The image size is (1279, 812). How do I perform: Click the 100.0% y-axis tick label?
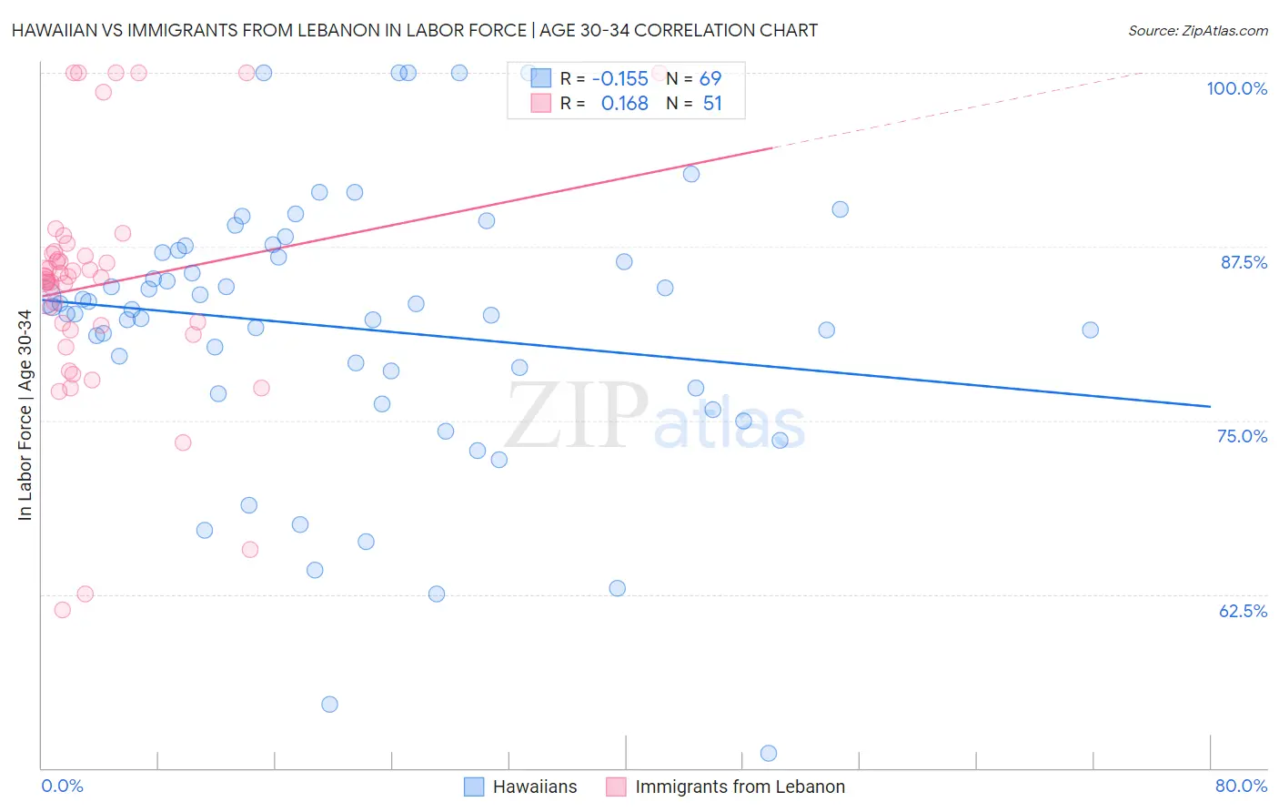pyautogui.click(x=1236, y=88)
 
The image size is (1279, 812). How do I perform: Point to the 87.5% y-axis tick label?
pyautogui.click(x=1244, y=262)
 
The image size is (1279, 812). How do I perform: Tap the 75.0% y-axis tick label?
pyautogui.click(x=1242, y=436)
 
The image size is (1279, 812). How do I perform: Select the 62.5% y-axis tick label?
pyautogui.click(x=1243, y=611)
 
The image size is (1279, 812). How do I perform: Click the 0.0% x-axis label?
pyautogui.click(x=62, y=786)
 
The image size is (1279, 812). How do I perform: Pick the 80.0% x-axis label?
pyautogui.click(x=1241, y=786)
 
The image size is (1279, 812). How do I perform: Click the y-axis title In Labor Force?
pyautogui.click(x=25, y=415)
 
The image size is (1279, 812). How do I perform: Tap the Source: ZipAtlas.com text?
pyautogui.click(x=1197, y=31)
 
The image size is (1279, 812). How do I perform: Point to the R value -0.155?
pyautogui.click(x=619, y=79)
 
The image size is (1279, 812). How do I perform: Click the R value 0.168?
pyautogui.click(x=624, y=104)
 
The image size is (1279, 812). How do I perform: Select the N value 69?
pyautogui.click(x=710, y=79)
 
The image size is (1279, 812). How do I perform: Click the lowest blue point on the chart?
pyautogui.click(x=769, y=753)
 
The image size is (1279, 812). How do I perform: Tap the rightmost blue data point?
pyautogui.click(x=1090, y=330)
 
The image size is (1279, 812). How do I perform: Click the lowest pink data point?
pyautogui.click(x=63, y=610)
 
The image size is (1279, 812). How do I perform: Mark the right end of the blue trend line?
pyautogui.click(x=1210, y=406)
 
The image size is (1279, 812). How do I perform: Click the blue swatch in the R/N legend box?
pyautogui.click(x=541, y=78)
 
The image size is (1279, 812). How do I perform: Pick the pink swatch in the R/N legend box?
pyautogui.click(x=541, y=103)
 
